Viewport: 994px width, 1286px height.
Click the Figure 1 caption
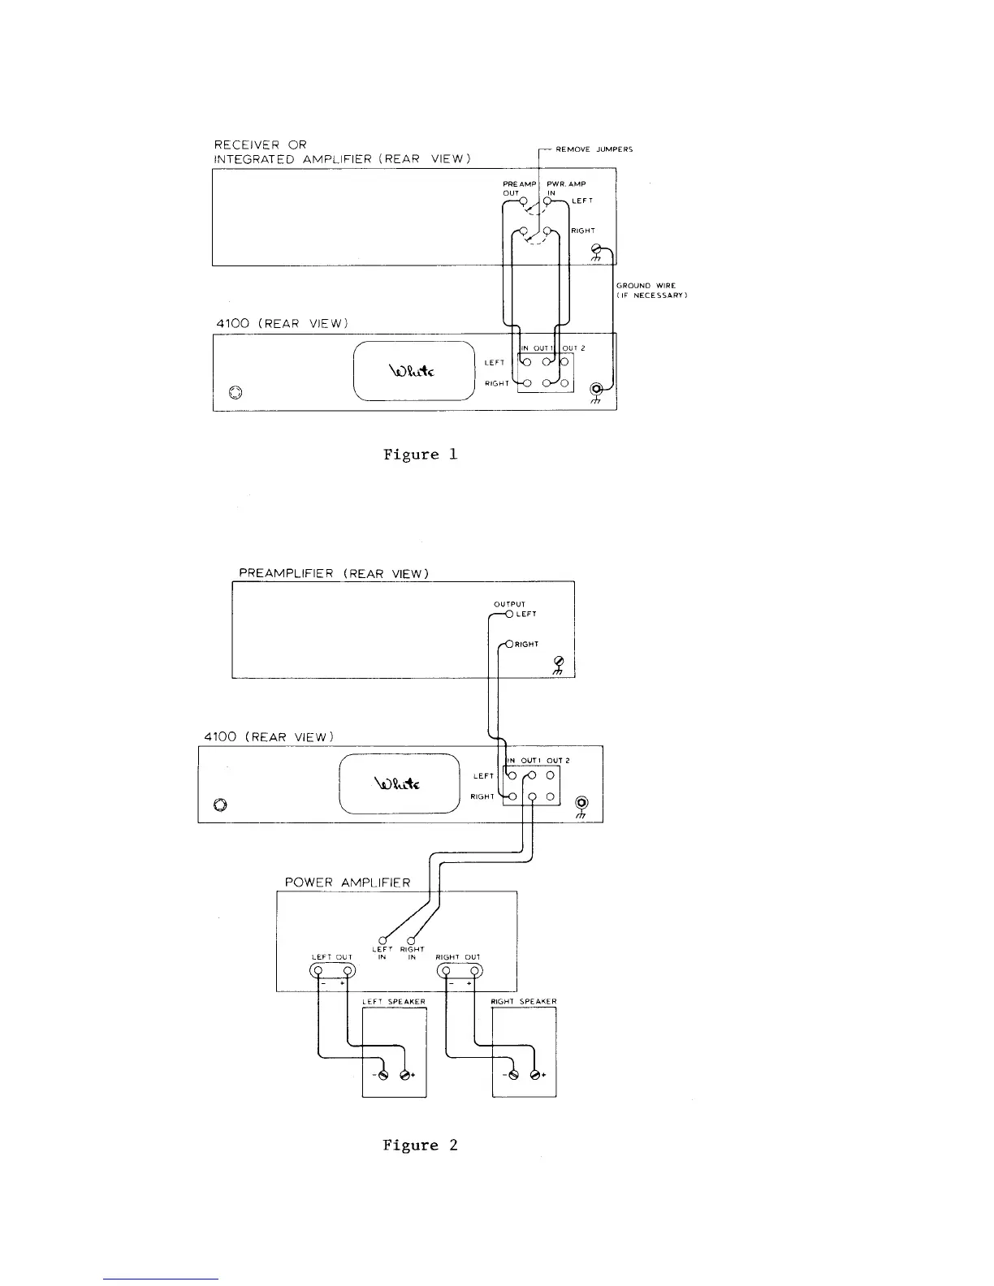pos(420,455)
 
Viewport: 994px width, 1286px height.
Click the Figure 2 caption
pos(420,1146)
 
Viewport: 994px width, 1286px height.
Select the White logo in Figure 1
pos(413,371)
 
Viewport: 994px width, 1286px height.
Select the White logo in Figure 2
pos(397,783)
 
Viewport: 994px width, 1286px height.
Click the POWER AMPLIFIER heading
pos(347,883)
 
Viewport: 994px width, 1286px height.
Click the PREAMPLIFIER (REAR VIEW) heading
pos(333,573)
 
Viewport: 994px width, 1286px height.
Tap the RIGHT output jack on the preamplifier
pos(509,645)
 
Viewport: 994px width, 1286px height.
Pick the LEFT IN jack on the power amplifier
pos(382,940)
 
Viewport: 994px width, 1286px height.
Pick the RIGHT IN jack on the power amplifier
pos(411,940)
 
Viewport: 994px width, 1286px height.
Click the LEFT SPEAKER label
pos(393,1002)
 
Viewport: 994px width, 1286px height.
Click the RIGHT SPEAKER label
pos(524,1002)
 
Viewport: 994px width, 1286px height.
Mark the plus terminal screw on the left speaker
pos(404,1075)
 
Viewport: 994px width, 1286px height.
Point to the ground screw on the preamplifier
pos(558,662)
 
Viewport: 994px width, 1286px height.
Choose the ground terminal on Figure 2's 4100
pos(581,805)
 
